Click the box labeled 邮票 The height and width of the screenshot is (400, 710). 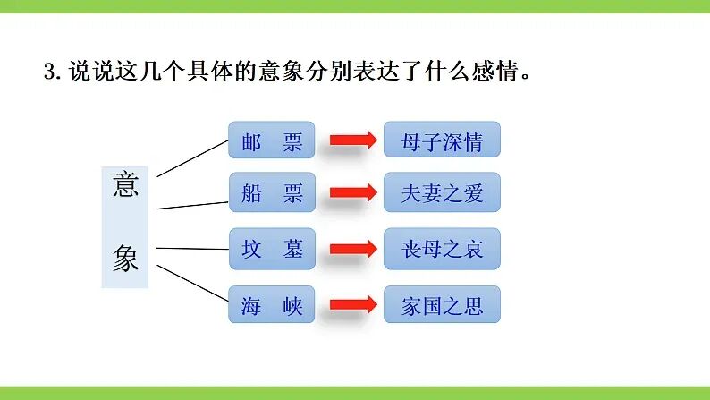coord(272,140)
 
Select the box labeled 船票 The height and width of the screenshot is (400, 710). coord(272,192)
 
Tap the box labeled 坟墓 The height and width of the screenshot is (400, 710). coord(272,249)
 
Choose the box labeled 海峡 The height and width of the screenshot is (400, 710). coord(272,304)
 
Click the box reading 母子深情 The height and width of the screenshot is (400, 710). coord(442,140)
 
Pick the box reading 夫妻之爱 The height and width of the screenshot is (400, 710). coord(442,192)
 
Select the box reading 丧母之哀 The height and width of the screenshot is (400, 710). coord(442,249)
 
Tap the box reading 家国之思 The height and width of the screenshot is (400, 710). coord(442,304)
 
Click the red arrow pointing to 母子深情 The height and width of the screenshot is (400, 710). coord(353,140)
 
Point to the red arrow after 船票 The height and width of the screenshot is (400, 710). coord(353,192)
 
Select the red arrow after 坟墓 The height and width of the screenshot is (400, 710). coord(353,249)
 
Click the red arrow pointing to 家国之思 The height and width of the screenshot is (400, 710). coord(353,304)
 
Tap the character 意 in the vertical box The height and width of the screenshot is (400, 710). coord(125,184)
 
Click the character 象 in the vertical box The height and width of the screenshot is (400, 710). coord(125,258)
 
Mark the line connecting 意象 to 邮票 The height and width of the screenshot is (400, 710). coord(192,158)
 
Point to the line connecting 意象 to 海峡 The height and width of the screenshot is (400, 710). coord(192,283)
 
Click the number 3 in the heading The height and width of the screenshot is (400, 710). coord(49,72)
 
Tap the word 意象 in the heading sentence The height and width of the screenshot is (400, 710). coord(281,72)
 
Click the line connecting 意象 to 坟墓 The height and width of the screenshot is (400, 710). coord(192,249)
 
